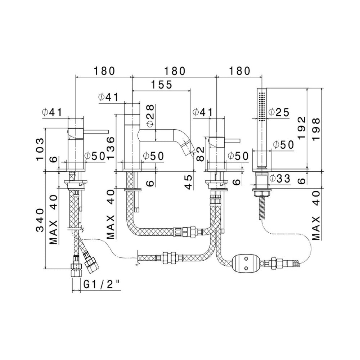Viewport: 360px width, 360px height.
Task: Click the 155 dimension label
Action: tap(162, 85)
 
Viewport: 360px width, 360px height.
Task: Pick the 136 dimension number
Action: tap(111, 148)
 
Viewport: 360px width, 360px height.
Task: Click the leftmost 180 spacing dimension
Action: tap(104, 71)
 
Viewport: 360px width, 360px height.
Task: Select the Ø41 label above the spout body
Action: tap(108, 97)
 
